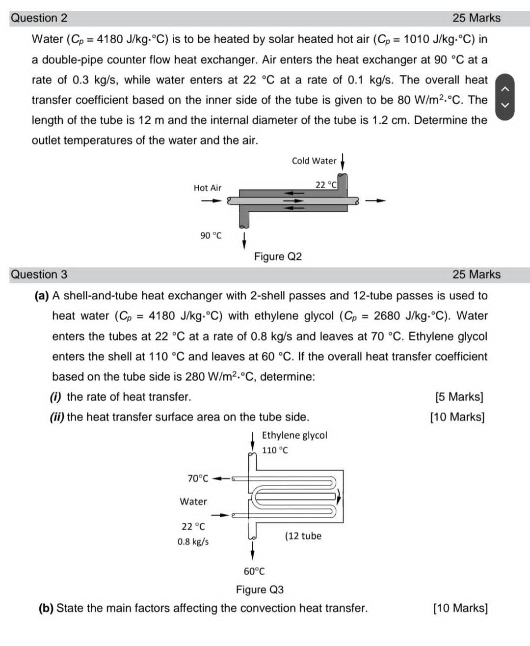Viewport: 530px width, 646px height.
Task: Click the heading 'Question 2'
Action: pos(39,18)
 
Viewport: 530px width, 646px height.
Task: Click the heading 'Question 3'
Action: pos(39,275)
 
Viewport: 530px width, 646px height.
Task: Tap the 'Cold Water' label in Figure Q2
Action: pos(314,161)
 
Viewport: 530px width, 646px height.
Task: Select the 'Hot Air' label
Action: pos(207,188)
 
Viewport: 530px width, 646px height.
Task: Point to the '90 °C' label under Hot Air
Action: pos(211,236)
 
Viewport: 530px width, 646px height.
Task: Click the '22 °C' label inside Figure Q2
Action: pos(326,185)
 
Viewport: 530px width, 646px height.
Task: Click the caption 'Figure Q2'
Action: pos(278,256)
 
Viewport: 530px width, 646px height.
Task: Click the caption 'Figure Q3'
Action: pos(260,590)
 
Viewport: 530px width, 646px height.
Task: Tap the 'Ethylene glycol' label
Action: pos(294,435)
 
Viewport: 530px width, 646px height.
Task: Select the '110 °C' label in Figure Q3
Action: pos(275,450)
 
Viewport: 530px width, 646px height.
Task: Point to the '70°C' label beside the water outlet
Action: pos(198,478)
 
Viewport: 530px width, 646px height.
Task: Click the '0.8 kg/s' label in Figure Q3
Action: pos(193,542)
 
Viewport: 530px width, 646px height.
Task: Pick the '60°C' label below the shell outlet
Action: pos(254,571)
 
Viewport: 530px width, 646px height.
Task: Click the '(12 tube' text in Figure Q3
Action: pos(303,536)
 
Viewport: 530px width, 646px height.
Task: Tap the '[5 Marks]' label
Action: pos(459,397)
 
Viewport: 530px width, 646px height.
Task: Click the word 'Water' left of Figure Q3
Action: pos(193,502)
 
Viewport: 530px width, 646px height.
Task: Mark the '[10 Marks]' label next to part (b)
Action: pos(460,608)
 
